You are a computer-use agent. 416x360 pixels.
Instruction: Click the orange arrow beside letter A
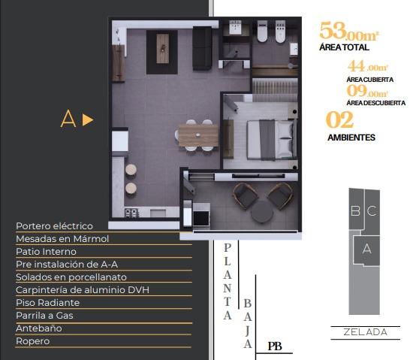(x=88, y=119)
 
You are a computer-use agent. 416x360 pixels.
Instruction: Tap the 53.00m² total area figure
(x=349, y=32)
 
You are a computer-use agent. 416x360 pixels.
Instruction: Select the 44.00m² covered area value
(x=368, y=66)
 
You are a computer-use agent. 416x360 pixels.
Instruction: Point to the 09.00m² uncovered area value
(x=367, y=91)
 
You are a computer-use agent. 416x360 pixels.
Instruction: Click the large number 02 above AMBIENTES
(x=339, y=119)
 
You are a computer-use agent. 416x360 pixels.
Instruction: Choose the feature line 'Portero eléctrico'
(x=54, y=226)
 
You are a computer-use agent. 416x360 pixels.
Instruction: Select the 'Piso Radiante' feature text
(x=48, y=303)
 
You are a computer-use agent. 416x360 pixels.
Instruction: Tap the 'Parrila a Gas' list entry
(x=44, y=316)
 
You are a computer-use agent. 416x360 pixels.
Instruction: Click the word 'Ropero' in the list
(x=33, y=341)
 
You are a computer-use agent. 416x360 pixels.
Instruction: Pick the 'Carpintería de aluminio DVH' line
(x=83, y=290)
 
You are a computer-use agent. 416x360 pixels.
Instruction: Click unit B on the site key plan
(x=355, y=210)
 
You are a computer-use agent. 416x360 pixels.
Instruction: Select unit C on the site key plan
(x=372, y=210)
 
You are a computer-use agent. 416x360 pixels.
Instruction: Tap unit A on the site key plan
(x=366, y=249)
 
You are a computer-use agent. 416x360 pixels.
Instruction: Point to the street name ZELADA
(x=366, y=332)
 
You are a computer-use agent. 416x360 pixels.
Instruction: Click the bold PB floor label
(x=275, y=346)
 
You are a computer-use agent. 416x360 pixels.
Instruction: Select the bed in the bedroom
(x=272, y=140)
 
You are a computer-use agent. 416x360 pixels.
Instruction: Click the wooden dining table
(x=198, y=135)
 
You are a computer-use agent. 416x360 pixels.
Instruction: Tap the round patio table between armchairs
(x=262, y=211)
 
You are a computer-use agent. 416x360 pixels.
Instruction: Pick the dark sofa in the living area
(x=202, y=48)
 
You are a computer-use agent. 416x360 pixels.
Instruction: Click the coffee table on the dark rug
(x=162, y=48)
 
